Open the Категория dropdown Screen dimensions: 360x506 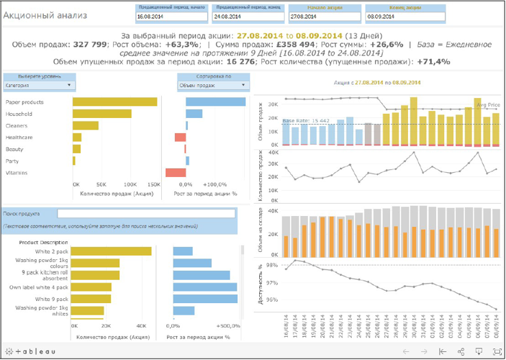point(39,86)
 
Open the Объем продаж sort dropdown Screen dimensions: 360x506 point(212,86)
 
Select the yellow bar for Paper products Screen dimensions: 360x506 point(115,101)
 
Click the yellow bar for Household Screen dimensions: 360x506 point(101,113)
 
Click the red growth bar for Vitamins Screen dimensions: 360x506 point(176,173)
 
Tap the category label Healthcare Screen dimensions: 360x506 point(19,138)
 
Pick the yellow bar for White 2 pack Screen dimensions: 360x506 point(111,251)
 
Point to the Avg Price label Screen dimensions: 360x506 point(487,105)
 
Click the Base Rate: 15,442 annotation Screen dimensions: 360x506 point(306,121)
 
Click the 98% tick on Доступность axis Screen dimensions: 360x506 point(272,265)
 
